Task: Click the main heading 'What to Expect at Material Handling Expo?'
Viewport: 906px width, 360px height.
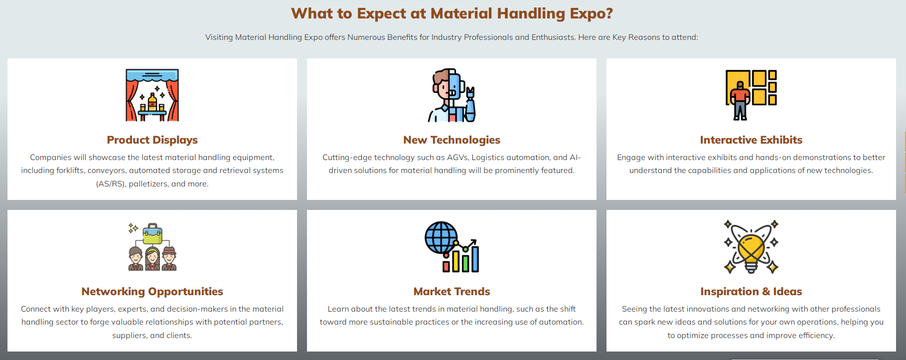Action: (452, 13)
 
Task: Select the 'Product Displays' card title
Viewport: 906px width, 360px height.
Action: (152, 140)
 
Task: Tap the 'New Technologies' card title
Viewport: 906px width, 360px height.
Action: (452, 140)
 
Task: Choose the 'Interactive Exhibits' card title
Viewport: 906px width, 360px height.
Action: (751, 140)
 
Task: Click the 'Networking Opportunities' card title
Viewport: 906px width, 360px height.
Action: (152, 292)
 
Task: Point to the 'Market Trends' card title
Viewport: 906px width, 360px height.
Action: (452, 292)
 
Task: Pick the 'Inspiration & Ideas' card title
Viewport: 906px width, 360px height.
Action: (751, 292)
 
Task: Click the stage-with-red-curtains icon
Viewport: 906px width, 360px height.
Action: (152, 95)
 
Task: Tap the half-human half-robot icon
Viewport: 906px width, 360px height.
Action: (452, 95)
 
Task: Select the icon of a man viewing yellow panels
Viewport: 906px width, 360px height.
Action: (751, 95)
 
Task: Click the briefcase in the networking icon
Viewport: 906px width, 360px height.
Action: (152, 233)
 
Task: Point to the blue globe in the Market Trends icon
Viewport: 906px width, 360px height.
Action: (441, 238)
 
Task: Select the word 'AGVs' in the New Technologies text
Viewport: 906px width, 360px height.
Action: (457, 158)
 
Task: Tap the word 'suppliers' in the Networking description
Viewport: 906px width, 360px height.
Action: (130, 336)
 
